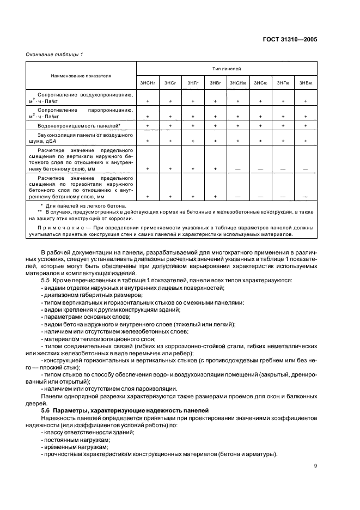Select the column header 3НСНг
pyautogui.click(x=148, y=82)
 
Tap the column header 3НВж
pyautogui.click(x=306, y=82)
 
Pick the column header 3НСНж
pyautogui.click(x=238, y=82)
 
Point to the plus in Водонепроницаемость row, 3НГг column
pyautogui.click(x=192, y=126)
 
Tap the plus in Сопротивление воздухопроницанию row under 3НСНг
pyautogui.click(x=148, y=101)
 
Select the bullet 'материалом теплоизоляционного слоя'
pyautogui.click(x=94, y=339)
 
